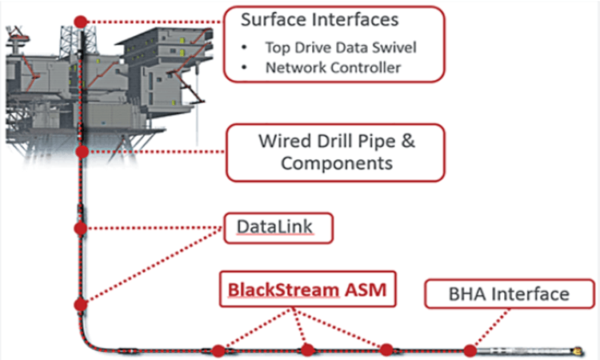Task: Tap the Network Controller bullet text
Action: [x=333, y=67]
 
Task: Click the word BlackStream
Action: [x=282, y=290]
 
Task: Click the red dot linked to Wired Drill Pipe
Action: [x=81, y=150]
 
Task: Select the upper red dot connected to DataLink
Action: [x=80, y=228]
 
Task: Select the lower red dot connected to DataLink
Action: [x=80, y=304]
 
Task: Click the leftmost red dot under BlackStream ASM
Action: [x=218, y=350]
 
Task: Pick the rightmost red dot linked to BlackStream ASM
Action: [x=386, y=350]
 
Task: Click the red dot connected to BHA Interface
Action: [x=470, y=350]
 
